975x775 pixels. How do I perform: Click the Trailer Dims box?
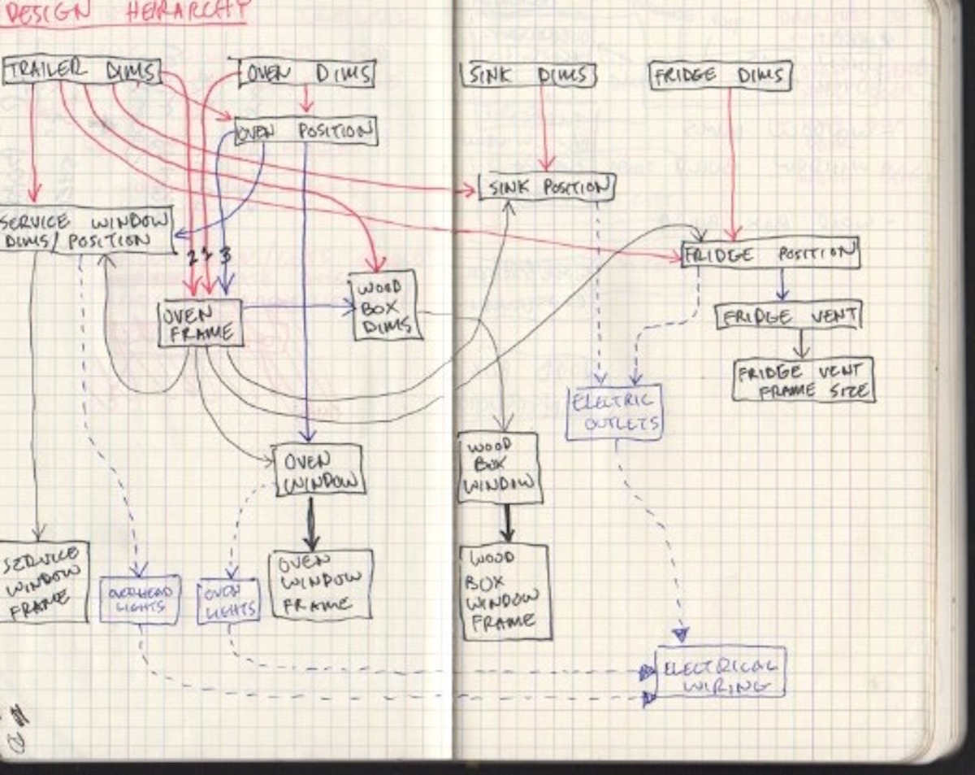click(x=81, y=71)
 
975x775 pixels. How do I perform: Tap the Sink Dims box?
click(x=529, y=76)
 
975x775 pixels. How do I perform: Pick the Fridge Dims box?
click(x=720, y=76)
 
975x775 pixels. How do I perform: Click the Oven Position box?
click(x=306, y=131)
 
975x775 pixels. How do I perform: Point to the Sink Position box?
click(x=547, y=187)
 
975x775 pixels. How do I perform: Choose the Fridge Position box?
click(x=769, y=254)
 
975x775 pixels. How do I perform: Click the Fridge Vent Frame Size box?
click(x=803, y=380)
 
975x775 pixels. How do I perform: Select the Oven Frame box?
click(x=200, y=323)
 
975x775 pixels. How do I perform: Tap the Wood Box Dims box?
click(x=385, y=305)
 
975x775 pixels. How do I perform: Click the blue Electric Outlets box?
click(x=613, y=412)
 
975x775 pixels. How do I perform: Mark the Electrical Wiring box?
click(x=720, y=673)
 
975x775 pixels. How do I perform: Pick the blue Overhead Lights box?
click(x=140, y=600)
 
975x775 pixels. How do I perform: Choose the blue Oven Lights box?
click(x=228, y=602)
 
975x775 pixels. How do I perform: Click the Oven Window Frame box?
click(x=321, y=585)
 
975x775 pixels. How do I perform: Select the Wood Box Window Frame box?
click(x=505, y=591)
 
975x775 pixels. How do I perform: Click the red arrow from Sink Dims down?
click(x=544, y=130)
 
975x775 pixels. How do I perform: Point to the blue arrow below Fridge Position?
click(x=782, y=285)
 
